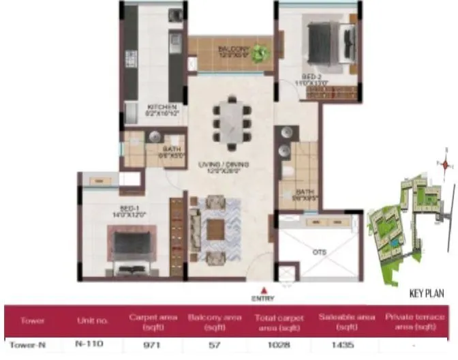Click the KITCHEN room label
click(163, 107)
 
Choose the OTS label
click(320, 252)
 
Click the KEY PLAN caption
click(427, 294)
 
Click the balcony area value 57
click(214, 345)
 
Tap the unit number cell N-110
click(89, 344)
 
